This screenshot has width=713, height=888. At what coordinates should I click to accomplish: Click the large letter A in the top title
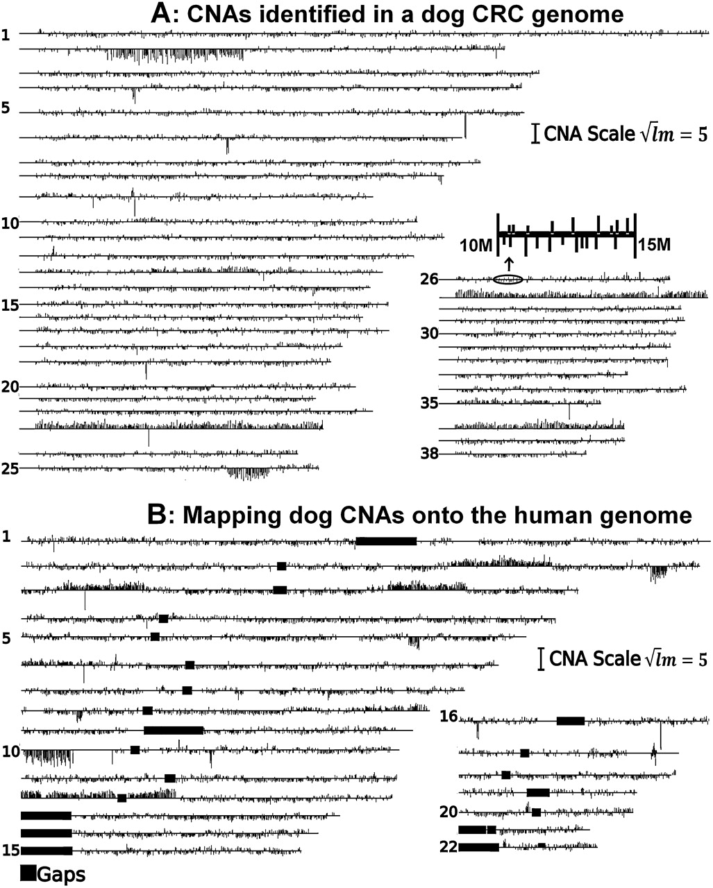tap(160, 14)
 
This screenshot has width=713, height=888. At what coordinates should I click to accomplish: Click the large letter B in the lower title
tap(157, 515)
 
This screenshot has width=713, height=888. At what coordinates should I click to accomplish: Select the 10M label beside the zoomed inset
tap(476, 245)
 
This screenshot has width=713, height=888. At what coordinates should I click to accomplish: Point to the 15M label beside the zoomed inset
tap(655, 245)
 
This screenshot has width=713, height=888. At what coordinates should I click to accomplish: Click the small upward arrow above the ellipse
tap(510, 264)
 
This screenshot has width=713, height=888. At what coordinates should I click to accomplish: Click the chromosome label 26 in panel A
tap(429, 280)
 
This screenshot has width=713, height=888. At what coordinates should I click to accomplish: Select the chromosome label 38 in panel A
tap(429, 454)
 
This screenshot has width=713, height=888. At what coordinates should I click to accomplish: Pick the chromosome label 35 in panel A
tap(429, 403)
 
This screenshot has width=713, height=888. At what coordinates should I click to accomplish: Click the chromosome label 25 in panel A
tap(10, 469)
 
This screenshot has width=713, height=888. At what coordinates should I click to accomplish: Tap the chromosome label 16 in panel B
tap(448, 716)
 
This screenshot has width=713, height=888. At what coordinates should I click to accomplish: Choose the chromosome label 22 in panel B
tap(448, 847)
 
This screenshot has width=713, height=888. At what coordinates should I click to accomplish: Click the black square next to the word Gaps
tap(28, 874)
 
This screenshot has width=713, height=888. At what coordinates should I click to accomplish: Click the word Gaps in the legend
tap(61, 875)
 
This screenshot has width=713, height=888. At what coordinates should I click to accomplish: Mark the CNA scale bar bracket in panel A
tap(536, 134)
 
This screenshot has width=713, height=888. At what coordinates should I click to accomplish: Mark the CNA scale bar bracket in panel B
tap(541, 659)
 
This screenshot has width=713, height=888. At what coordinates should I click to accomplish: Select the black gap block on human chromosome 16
tap(571, 721)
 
